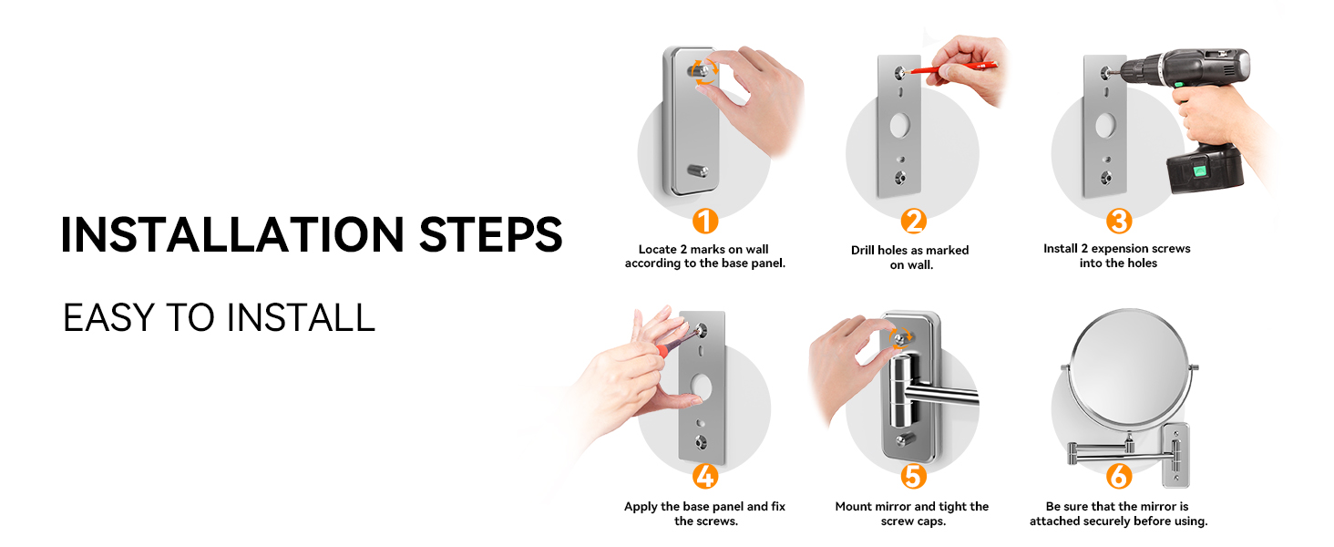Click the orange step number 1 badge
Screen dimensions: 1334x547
coord(705,221)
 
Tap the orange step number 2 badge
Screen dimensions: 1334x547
coord(913,221)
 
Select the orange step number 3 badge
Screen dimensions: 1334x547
coord(1119,221)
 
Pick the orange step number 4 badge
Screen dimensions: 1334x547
coord(705,477)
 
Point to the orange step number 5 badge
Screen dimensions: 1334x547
coord(913,477)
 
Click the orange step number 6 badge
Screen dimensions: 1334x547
coord(1119,477)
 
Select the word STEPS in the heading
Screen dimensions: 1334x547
coord(491,234)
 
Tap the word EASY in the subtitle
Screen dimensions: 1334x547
coord(109,317)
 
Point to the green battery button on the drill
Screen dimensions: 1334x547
coord(1199,171)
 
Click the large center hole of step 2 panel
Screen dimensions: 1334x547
coord(899,126)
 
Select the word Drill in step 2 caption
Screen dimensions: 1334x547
coord(863,251)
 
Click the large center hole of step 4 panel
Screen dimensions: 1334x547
coord(701,387)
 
